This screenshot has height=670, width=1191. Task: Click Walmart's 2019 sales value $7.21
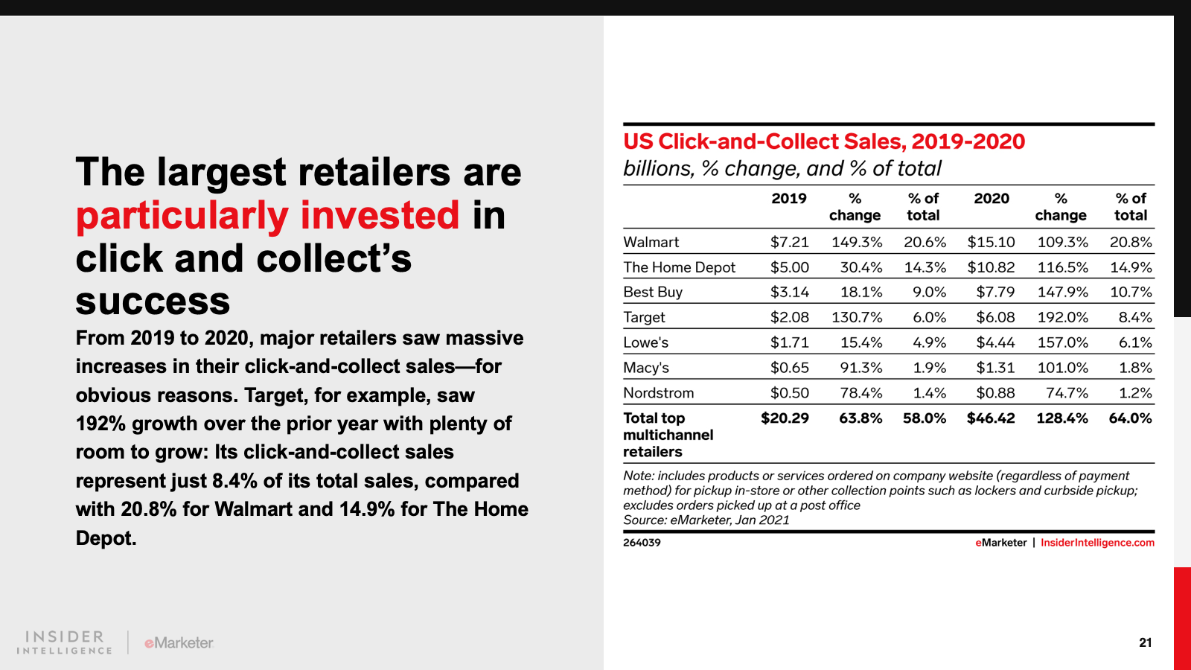790,243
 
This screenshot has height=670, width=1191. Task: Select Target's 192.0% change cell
1062,317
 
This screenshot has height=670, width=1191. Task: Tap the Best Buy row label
653,292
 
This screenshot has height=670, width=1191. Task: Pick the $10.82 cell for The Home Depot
991,267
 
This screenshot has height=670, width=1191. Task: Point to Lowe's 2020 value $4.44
995,342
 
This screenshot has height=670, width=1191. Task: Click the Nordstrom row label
659,393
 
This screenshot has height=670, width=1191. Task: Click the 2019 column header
789,198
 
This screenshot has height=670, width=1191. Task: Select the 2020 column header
992,198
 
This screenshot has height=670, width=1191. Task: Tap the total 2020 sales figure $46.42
991,418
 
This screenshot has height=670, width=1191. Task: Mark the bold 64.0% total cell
1131,418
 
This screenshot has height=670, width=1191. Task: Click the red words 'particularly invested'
267,216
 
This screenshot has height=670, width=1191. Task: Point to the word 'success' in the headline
153,301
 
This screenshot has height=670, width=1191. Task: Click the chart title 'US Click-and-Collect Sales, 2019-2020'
824,141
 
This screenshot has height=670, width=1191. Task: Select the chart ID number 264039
642,543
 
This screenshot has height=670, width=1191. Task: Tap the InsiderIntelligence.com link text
1097,543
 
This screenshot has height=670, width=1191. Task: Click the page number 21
1146,643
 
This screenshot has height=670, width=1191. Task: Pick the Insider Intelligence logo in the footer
64,642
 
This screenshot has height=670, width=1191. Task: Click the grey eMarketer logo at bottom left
179,643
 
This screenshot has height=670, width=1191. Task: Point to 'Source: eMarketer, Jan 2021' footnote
706,520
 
